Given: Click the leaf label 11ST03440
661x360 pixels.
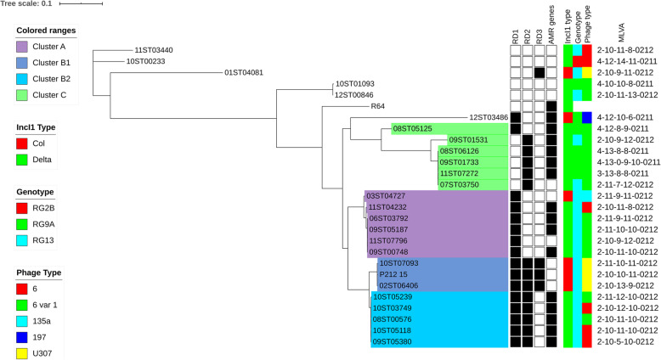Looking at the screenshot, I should point(154,51).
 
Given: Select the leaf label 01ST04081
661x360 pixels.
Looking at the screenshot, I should point(244,73).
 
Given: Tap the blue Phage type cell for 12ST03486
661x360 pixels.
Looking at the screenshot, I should point(586,117).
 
